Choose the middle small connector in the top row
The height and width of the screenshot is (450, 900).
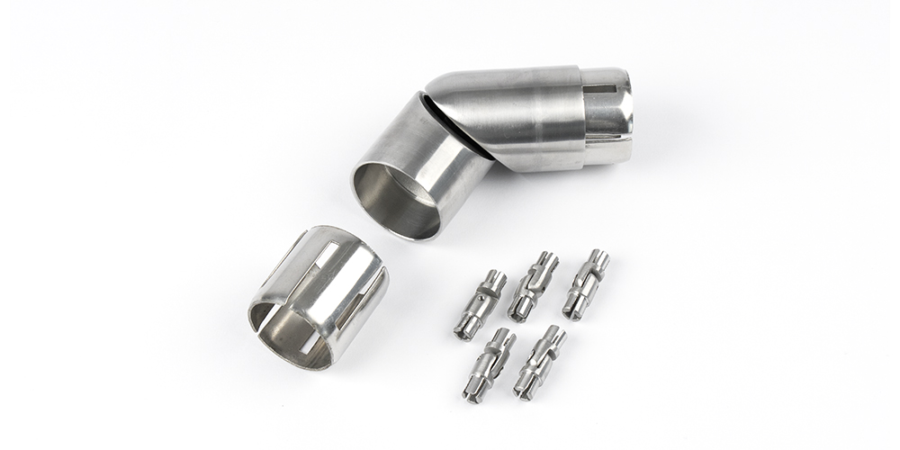coord(533,286)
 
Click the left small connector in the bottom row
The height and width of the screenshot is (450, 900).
coord(490,364)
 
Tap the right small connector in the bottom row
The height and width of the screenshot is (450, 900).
coord(539,362)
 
